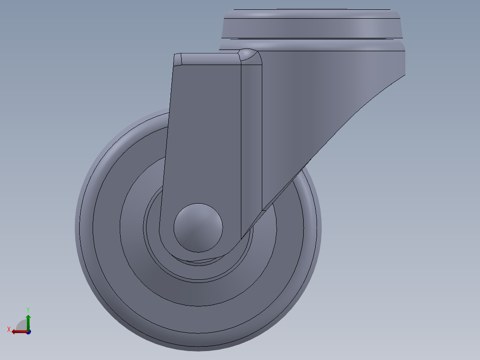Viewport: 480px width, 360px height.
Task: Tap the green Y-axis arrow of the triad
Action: click(x=28, y=320)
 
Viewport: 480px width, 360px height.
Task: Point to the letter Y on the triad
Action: click(x=28, y=309)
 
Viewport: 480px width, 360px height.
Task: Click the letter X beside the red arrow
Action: click(x=9, y=330)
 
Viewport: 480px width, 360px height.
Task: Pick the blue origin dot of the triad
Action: click(x=28, y=332)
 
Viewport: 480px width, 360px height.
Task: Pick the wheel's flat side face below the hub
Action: click(x=200, y=294)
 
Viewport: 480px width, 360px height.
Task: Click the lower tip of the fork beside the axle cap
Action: click(x=244, y=234)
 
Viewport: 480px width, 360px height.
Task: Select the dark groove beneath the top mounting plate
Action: click(x=312, y=39)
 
